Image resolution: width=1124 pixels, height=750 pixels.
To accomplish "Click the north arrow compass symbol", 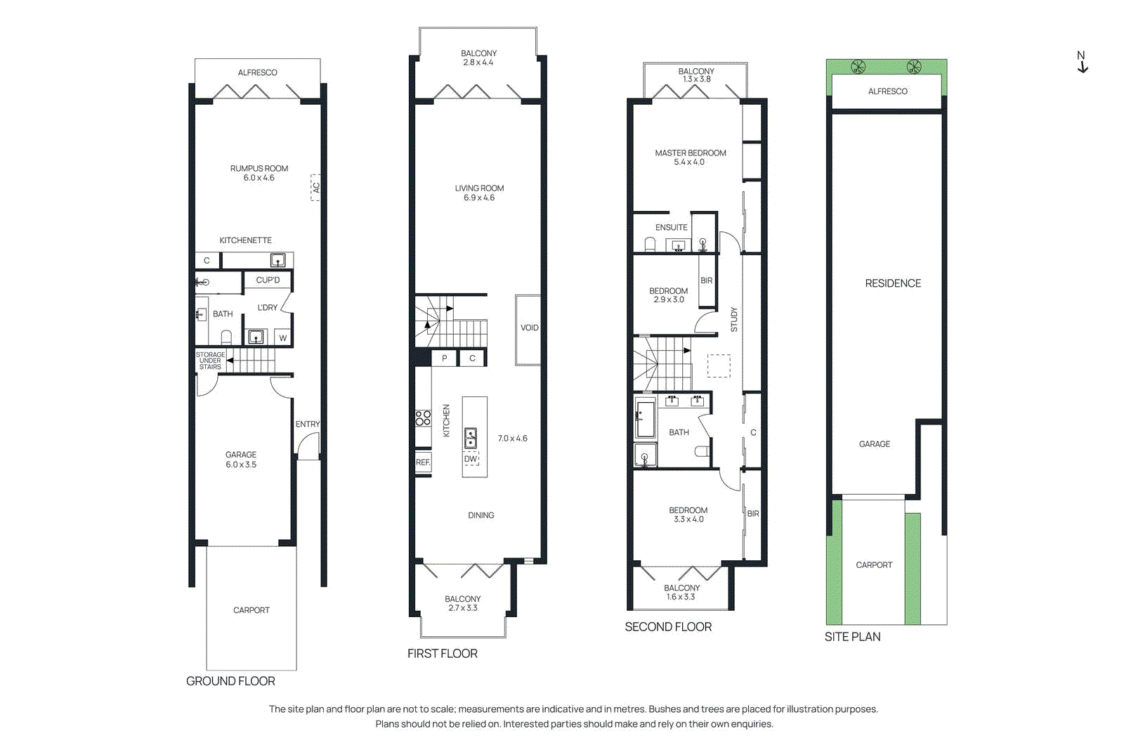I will (x=1082, y=63).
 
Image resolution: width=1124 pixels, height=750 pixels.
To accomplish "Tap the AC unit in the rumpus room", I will (x=316, y=188).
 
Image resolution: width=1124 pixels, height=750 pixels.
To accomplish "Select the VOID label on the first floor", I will (x=529, y=328).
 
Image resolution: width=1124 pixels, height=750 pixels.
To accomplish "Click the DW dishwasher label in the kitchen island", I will (x=471, y=459).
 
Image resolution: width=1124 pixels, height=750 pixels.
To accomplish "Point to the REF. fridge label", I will (x=423, y=463).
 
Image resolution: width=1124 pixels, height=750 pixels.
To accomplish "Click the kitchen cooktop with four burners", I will (x=423, y=418).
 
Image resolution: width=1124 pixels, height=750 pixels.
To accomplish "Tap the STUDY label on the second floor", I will (x=734, y=319).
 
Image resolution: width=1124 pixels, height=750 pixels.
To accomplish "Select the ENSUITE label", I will (x=671, y=228).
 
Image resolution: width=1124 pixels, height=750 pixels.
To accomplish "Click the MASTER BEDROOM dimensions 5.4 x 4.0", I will (x=689, y=162).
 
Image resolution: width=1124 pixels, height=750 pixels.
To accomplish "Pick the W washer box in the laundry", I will (x=283, y=338).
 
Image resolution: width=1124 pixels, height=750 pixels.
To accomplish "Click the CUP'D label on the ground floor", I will (x=268, y=280).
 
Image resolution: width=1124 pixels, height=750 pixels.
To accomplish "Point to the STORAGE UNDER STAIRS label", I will (x=210, y=361).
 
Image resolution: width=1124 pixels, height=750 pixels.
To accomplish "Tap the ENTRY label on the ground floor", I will (x=307, y=425).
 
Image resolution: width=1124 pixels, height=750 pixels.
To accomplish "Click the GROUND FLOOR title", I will (x=230, y=681).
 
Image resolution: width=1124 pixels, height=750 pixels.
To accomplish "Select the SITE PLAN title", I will (x=852, y=637).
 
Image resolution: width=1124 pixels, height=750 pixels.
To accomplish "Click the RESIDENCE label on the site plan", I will (x=893, y=283).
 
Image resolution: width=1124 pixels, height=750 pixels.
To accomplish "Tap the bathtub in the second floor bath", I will (x=645, y=418).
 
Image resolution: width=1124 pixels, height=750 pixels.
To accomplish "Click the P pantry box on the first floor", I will (x=444, y=358).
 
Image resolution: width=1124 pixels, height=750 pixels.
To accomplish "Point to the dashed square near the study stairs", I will (x=719, y=366).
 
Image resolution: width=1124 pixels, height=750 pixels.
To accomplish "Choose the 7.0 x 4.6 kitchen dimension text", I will (x=512, y=439).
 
